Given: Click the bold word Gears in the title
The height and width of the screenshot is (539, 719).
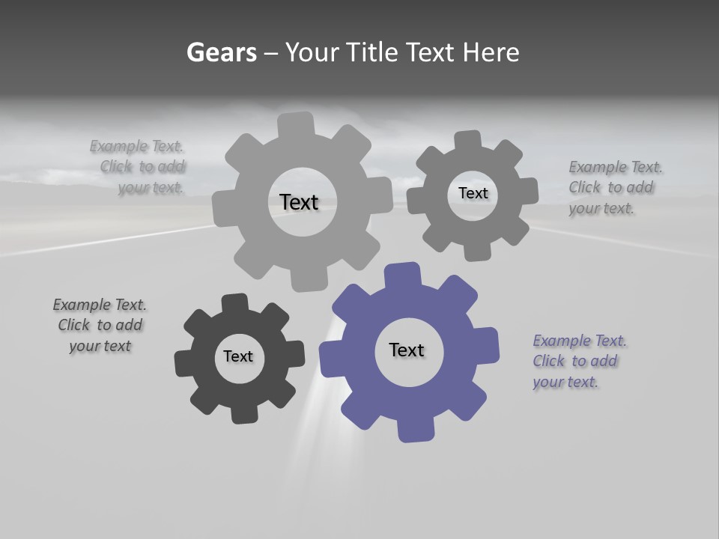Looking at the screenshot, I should tap(221, 53).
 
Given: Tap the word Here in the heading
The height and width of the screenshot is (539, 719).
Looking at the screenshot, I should tap(491, 53).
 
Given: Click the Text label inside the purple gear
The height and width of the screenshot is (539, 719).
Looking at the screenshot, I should tap(407, 350).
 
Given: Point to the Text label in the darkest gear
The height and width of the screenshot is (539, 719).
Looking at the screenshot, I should tap(238, 356).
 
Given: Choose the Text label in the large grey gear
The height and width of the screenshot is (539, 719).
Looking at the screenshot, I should tap(299, 202).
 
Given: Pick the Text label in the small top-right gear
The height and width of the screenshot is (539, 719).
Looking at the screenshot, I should tap(473, 193).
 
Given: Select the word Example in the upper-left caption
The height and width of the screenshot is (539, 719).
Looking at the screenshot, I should tap(118, 146).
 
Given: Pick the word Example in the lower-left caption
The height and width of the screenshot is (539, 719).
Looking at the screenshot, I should tap(82, 305).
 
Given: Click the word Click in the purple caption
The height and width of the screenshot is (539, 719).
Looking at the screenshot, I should tap(549, 361).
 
